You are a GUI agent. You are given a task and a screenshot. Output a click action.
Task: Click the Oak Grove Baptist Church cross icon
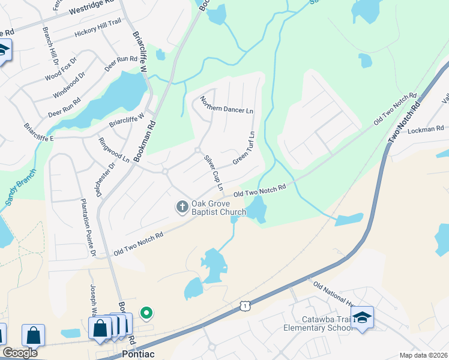[x=182, y=207]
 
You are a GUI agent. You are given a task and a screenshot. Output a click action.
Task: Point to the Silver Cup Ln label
[x=214, y=173]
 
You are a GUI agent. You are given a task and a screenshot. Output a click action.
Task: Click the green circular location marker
[x=146, y=313]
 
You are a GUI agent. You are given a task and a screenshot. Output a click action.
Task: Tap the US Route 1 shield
[x=244, y=306]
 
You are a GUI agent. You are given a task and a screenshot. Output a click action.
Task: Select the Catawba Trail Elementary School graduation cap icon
[x=362, y=317]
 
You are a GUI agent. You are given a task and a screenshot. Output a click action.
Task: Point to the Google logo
[x=20, y=353]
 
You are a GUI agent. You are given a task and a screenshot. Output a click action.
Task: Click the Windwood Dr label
[x=69, y=86]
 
